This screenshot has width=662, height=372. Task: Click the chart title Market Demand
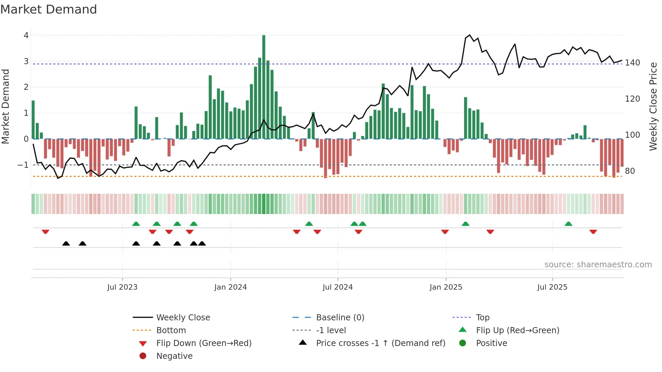pyautogui.click(x=49, y=9)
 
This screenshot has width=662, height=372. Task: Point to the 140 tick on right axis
pyautogui.click(x=632, y=63)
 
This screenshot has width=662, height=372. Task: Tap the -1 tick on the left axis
pyautogui.click(x=23, y=165)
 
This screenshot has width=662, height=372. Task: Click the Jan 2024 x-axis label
pyautogui.click(x=231, y=287)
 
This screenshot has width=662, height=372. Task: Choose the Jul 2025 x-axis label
pyautogui.click(x=552, y=287)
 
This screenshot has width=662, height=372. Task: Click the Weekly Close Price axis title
pyautogui.click(x=654, y=106)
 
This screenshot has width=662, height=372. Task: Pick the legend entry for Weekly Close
pyautogui.click(x=183, y=318)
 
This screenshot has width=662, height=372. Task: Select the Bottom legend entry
pyautogui.click(x=171, y=330)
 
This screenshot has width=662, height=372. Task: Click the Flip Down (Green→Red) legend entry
pyautogui.click(x=204, y=343)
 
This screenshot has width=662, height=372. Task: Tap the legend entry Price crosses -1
pyautogui.click(x=380, y=343)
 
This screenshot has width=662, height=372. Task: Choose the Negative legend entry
pyautogui.click(x=174, y=356)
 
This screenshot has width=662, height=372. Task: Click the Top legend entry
pyautogui.click(x=483, y=318)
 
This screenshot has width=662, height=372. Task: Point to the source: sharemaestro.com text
pyautogui.click(x=598, y=265)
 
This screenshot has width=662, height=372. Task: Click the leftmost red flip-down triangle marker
pyautogui.click(x=46, y=232)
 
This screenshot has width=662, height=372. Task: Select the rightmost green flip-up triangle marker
pyautogui.click(x=568, y=224)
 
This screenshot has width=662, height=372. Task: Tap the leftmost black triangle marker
pyautogui.click(x=66, y=243)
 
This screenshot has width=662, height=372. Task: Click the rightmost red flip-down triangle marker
pyautogui.click(x=593, y=232)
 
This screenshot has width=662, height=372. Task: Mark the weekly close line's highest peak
pyautogui.click(x=469, y=35)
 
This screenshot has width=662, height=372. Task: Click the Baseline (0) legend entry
pyautogui.click(x=340, y=318)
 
